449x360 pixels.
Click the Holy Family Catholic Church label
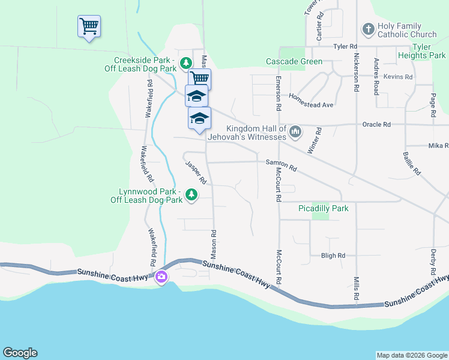click(407, 31)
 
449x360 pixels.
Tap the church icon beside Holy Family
click(368, 28)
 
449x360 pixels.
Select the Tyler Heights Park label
click(421, 51)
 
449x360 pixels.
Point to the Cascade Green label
click(295, 61)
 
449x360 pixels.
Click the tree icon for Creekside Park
click(186, 62)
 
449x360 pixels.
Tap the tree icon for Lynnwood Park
click(191, 194)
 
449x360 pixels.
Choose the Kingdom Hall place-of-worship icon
click(295, 131)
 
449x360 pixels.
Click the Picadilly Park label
click(324, 208)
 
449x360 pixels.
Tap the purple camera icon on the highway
click(161, 277)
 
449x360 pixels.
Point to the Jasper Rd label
click(196, 173)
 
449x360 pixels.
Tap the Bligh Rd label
click(333, 255)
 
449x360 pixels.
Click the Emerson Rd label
click(279, 94)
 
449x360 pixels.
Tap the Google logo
click(20, 353)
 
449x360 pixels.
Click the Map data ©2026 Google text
click(411, 355)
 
